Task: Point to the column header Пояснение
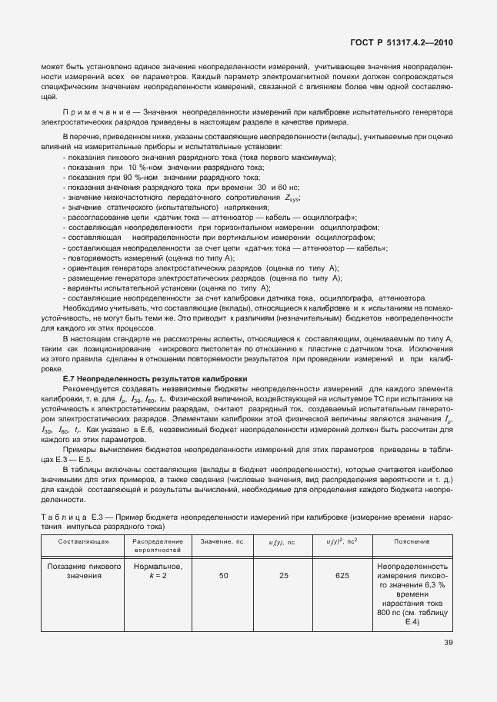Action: coord(412,541)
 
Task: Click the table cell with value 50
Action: coord(223,575)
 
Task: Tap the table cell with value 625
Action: coord(342,575)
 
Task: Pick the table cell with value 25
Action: coord(283,575)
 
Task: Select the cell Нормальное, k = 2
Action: coord(157,571)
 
